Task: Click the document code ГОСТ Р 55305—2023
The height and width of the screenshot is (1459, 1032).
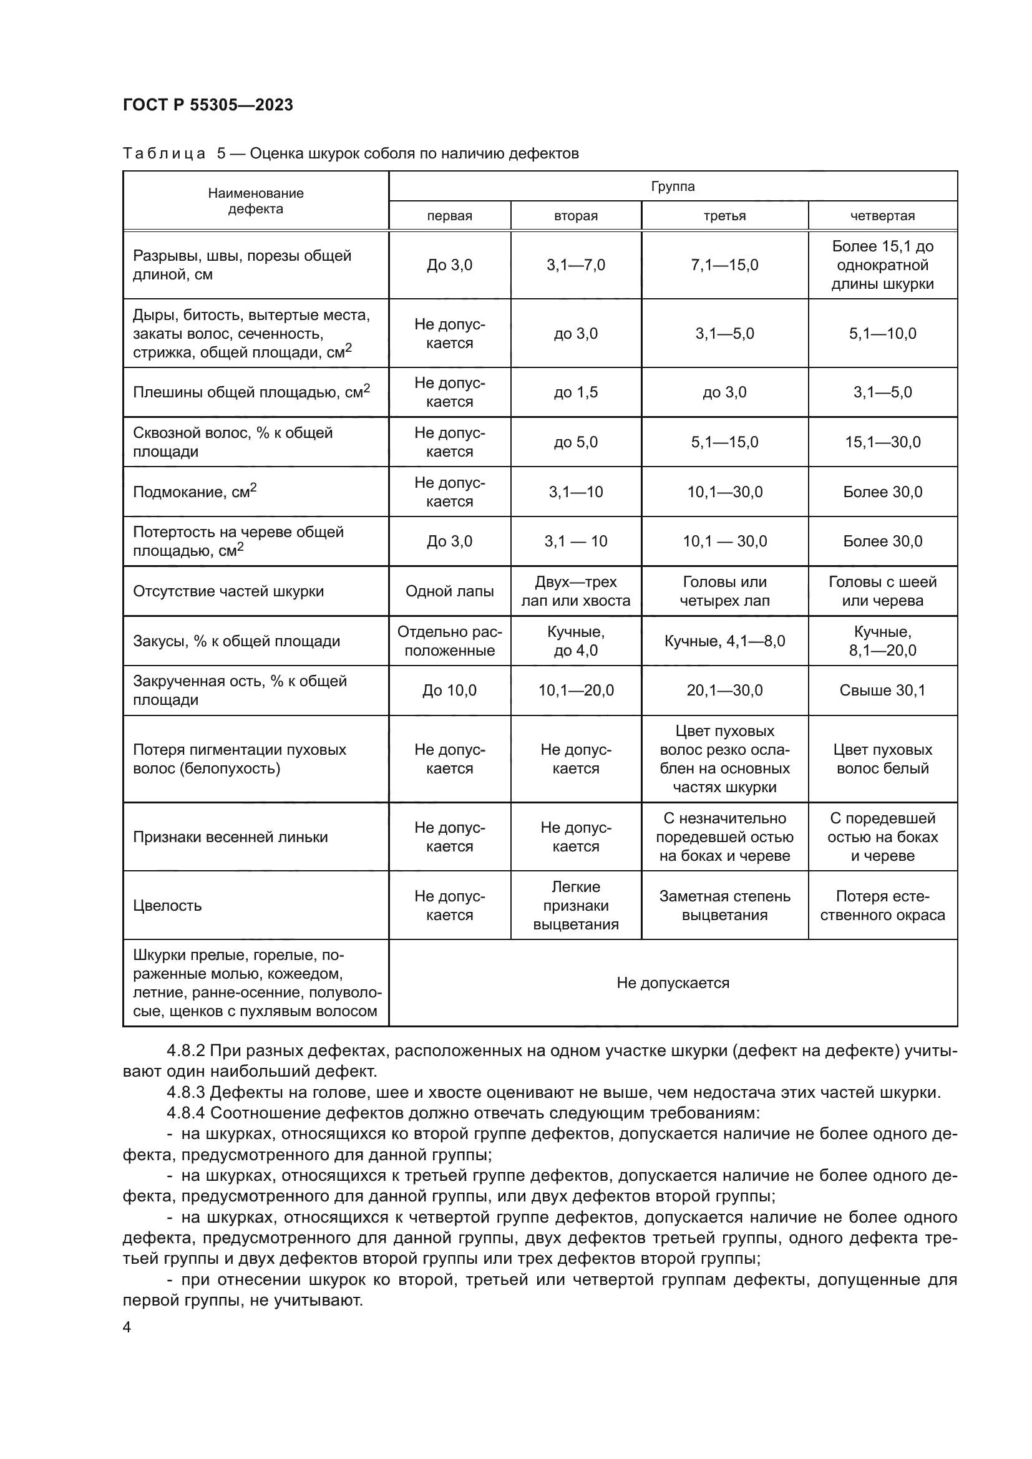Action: tap(208, 105)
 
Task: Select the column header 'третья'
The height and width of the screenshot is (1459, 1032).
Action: tap(724, 216)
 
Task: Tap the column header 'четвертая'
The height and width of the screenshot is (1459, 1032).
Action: tap(883, 216)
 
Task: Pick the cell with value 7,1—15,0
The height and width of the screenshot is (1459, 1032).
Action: tap(724, 265)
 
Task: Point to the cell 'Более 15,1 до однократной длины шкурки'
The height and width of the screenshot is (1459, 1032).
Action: tap(883, 265)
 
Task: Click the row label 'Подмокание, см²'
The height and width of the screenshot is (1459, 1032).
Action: tap(195, 491)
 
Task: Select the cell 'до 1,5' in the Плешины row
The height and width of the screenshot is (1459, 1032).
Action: tap(576, 392)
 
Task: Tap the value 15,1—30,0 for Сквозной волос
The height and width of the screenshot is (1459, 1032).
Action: tap(883, 442)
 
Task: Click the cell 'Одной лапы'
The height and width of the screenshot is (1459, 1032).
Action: tap(449, 591)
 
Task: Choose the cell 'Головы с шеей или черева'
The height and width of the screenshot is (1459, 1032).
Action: tap(883, 591)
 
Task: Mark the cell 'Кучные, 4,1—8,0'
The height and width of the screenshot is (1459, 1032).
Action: tap(724, 641)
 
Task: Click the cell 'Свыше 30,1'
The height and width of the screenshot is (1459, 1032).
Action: tap(883, 691)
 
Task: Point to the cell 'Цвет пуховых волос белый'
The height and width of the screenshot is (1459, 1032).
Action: tap(883, 759)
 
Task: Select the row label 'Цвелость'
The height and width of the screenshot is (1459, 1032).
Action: tap(167, 906)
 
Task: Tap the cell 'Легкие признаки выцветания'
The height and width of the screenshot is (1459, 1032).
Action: tap(576, 906)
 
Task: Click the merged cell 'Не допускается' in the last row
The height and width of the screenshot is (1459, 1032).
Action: tap(673, 983)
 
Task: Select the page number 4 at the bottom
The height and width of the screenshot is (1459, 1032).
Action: tap(127, 1327)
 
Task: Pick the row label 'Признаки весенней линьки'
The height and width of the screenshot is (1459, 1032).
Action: tap(230, 837)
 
